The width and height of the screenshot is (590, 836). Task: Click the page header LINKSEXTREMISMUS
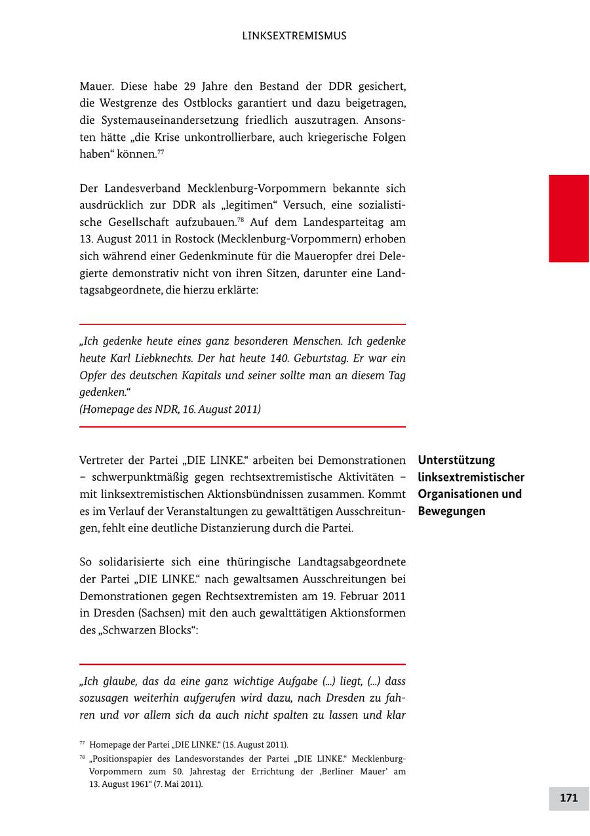[294, 36]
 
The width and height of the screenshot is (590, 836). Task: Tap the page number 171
[568, 798]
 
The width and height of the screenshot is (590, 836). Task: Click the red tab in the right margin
[568, 218]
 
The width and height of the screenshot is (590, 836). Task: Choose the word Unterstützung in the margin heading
[456, 460]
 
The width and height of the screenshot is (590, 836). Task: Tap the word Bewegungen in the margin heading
[452, 511]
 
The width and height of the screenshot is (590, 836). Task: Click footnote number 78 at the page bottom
[83, 758]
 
